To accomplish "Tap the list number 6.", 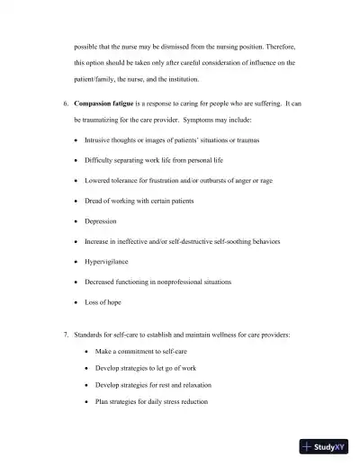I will tap(65, 103).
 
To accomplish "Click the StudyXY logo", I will tap(324, 446).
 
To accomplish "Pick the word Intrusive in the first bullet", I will tap(99, 140).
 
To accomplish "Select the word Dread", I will tap(94, 201).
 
